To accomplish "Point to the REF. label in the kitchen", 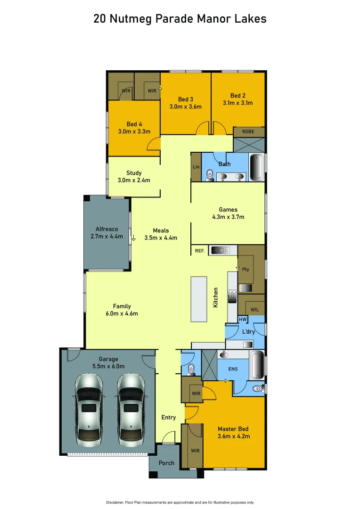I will tap(200, 251).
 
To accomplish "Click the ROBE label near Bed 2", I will tap(248, 131).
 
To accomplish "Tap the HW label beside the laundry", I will tap(243, 319).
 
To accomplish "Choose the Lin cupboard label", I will tap(196, 167).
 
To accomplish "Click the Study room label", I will tap(134, 173).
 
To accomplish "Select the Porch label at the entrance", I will tap(166, 463).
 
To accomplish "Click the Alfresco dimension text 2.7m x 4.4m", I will tap(106, 236).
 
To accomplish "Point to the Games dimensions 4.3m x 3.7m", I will tap(228, 217).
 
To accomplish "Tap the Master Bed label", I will tap(233, 429).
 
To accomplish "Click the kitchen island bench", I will tap(198, 299).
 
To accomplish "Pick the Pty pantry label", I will tap(245, 270).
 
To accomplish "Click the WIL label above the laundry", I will tap(254, 310).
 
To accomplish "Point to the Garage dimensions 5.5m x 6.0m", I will tap(108, 366).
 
